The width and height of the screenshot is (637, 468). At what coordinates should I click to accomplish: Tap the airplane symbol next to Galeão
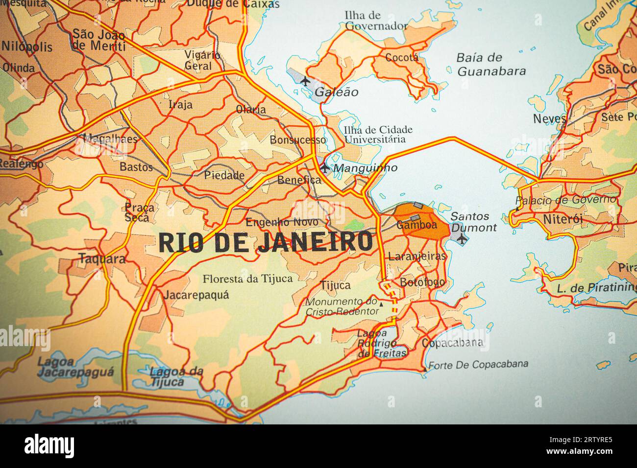[305, 81]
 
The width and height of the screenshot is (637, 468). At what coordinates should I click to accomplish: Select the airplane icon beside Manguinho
[325, 167]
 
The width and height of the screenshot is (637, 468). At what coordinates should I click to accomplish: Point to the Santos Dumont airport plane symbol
[462, 238]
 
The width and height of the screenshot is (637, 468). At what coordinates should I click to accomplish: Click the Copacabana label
[452, 343]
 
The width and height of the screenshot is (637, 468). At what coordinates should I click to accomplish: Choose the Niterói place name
[563, 219]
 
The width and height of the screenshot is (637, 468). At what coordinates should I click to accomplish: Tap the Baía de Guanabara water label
[491, 64]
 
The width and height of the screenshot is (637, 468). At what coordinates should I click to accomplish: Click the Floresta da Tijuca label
[247, 279]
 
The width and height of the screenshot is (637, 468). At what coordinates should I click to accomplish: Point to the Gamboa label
[416, 225]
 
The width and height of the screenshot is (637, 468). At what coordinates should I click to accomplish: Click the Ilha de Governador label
[376, 21]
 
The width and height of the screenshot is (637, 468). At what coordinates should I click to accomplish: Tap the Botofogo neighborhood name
[422, 282]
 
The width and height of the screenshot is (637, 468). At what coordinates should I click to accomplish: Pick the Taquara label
[102, 259]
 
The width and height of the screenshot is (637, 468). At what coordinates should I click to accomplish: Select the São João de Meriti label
[98, 40]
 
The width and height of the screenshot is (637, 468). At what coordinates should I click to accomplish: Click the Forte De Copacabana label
[478, 364]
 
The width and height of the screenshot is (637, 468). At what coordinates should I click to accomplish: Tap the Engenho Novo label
[278, 222]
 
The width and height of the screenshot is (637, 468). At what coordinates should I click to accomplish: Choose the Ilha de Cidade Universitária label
[378, 134]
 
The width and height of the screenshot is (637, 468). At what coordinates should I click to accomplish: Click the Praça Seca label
[139, 212]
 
